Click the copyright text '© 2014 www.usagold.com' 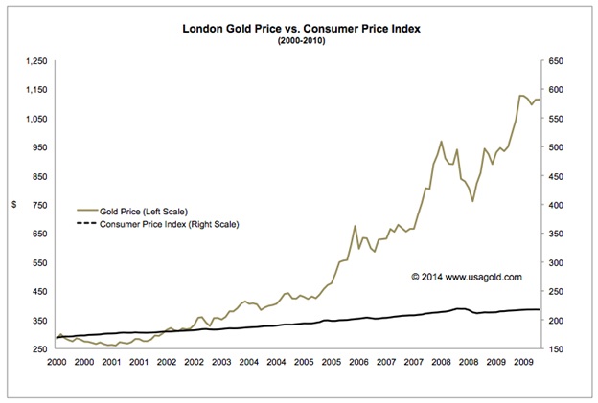click(x=466, y=277)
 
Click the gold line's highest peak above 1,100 click(x=520, y=95)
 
